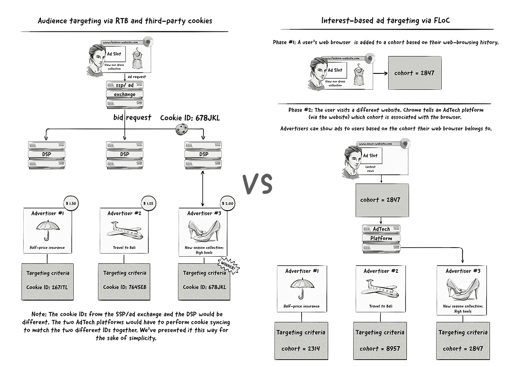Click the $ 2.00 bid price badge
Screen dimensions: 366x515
point(227,203)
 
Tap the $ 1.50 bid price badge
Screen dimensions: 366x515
point(70,203)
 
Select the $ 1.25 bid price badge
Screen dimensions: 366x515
point(148,203)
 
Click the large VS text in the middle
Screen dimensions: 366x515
point(257,184)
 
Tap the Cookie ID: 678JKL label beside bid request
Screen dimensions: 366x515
point(190,118)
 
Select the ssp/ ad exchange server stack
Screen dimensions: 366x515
point(124,94)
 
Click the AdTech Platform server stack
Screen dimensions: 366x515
point(381,238)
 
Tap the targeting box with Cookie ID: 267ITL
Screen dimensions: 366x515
point(47,281)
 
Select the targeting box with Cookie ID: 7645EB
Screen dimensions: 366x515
point(124,281)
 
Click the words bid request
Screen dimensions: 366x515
point(132,118)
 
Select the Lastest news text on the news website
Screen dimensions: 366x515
point(370,169)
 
